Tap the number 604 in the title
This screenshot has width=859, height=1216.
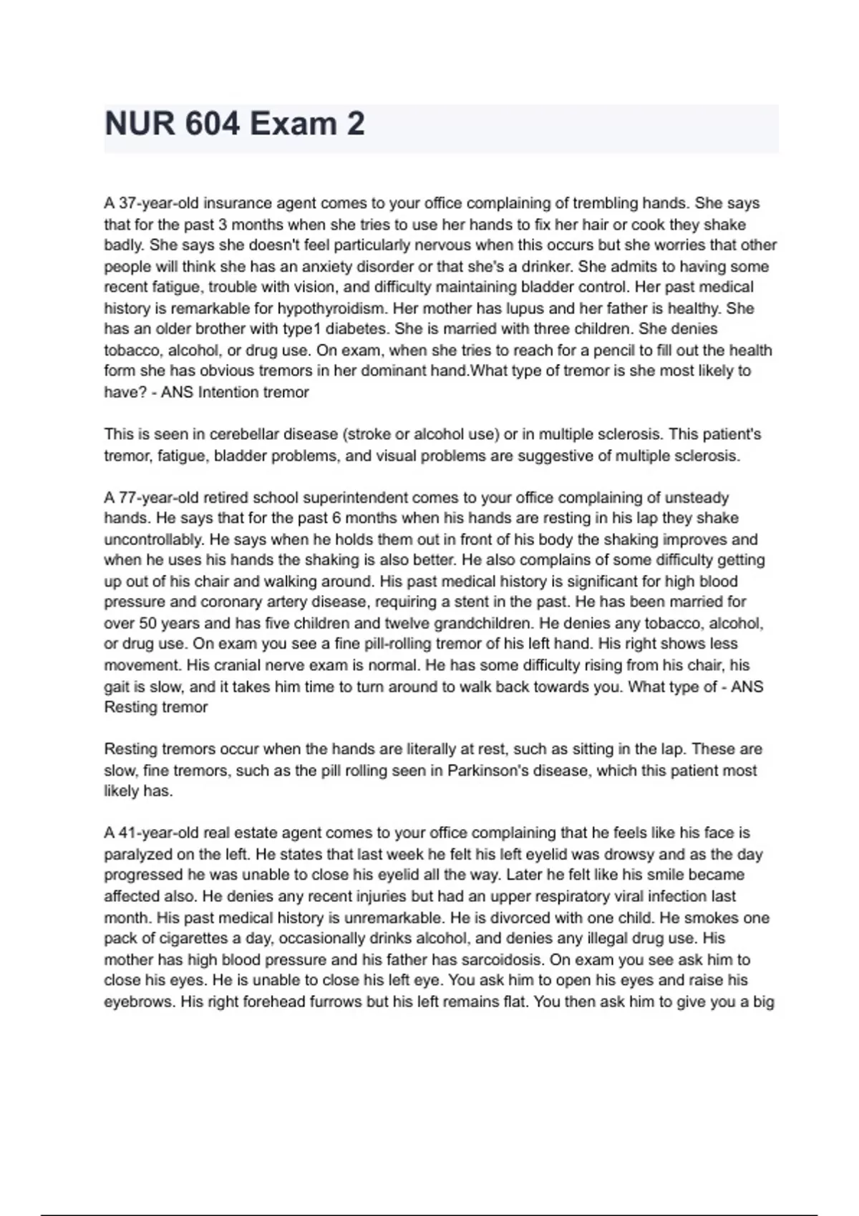coord(212,124)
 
